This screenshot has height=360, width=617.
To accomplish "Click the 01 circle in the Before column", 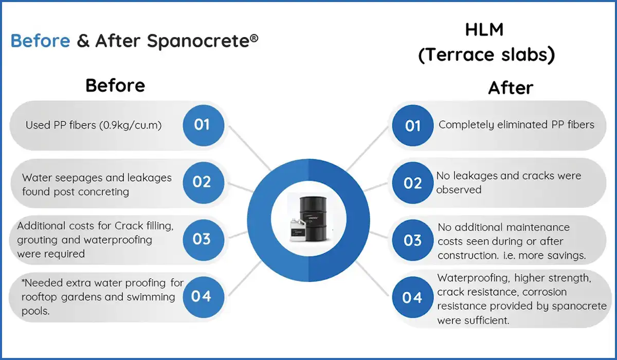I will (x=202, y=125).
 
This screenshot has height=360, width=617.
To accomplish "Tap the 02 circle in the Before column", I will (x=202, y=182).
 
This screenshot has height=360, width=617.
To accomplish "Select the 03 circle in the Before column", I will (x=202, y=239).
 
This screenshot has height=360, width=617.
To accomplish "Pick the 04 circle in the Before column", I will (x=201, y=296).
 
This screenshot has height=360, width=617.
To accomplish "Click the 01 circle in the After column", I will (x=413, y=126).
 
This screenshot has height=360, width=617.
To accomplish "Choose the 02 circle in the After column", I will (x=413, y=183).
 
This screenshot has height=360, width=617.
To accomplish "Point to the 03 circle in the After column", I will (x=413, y=241).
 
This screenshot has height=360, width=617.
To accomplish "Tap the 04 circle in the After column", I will (x=412, y=298).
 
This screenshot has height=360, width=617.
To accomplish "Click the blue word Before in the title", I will (x=40, y=41).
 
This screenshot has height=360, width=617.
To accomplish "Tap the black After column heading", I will (x=510, y=88).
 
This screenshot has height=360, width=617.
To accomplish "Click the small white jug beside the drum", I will (x=297, y=231).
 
